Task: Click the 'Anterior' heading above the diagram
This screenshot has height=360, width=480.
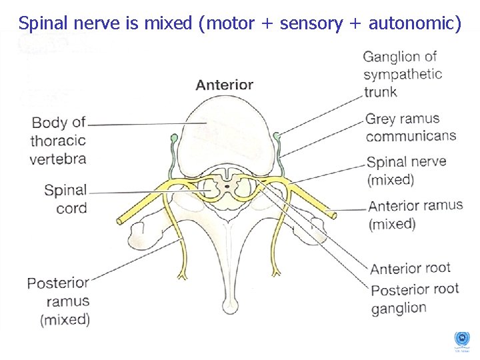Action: click(x=224, y=85)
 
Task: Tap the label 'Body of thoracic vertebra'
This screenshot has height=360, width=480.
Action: click(x=59, y=141)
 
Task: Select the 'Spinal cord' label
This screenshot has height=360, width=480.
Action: click(x=65, y=199)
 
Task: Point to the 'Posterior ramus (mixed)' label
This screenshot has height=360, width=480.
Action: click(x=58, y=301)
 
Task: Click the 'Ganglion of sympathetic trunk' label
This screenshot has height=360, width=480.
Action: click(x=402, y=74)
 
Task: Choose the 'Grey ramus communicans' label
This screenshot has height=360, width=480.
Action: click(x=410, y=127)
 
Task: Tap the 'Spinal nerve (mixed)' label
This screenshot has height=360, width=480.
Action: click(x=406, y=170)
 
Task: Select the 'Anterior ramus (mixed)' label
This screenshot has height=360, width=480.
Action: click(x=415, y=214)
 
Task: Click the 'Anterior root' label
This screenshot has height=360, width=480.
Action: click(x=410, y=269)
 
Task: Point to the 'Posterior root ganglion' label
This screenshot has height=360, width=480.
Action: click(x=414, y=298)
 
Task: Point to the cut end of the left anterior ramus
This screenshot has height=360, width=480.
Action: click(x=121, y=221)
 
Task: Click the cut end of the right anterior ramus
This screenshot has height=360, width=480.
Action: click(x=333, y=214)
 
